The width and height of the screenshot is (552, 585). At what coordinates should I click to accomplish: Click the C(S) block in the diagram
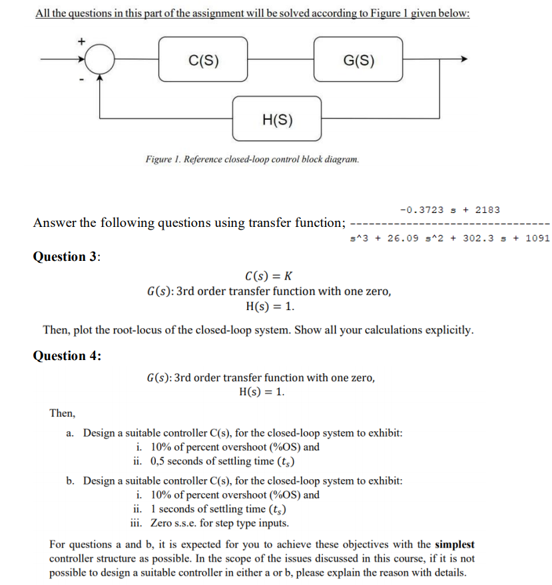(203, 59)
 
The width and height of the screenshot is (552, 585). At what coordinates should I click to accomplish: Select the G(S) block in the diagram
(358, 59)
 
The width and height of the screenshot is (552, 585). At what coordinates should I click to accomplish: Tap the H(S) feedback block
(276, 120)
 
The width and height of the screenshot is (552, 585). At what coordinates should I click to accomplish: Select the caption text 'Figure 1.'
(163, 160)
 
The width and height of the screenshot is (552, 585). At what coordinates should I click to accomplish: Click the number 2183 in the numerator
(487, 210)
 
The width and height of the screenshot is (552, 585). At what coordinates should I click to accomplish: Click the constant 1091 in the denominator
(537, 238)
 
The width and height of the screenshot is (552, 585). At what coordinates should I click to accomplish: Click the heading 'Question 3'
(66, 257)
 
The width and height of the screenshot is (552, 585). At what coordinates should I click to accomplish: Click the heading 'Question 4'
(67, 355)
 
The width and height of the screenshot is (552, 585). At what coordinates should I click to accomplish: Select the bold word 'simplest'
(454, 544)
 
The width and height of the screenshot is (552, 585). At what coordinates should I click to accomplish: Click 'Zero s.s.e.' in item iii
(174, 523)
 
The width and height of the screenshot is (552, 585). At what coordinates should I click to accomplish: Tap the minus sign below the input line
(82, 81)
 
